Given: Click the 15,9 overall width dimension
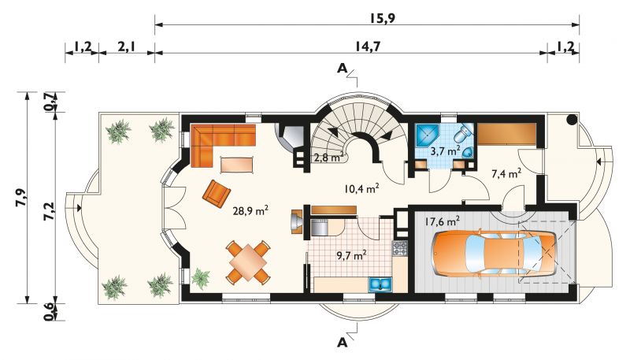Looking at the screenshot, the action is tap(381, 18).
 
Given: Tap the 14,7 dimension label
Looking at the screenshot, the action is tap(367, 46).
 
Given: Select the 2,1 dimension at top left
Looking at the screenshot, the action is tap(126, 46).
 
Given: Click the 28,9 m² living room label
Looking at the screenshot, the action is tap(250, 210).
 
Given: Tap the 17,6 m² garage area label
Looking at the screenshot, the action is tap(442, 221).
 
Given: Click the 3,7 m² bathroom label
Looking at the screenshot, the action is tap(445, 151).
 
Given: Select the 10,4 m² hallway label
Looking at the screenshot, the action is tap(361, 188).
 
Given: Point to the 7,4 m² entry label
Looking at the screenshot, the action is tap(506, 173).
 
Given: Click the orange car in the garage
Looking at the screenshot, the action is tap(494, 254).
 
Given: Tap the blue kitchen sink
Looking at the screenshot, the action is tap(380, 284).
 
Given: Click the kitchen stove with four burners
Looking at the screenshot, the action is tap(400, 248).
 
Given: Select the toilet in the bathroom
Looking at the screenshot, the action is tap(463, 132).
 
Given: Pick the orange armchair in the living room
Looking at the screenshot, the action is tap(217, 194).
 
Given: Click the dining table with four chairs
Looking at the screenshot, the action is tap(248, 262).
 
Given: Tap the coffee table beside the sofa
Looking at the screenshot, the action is tap(237, 165).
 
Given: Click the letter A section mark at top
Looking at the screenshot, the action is tap(342, 69).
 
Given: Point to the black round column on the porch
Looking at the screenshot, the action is tap(572, 119).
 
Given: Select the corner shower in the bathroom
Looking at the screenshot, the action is tap(427, 135).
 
